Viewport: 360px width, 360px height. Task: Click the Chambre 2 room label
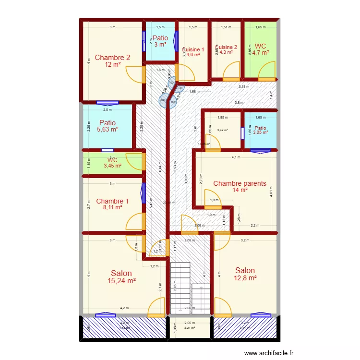click(112, 58)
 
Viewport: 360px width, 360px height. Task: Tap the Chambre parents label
click(240, 183)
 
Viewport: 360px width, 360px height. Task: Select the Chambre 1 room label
click(112, 201)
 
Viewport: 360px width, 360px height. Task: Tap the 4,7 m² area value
click(261, 53)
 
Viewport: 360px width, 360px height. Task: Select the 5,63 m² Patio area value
click(108, 129)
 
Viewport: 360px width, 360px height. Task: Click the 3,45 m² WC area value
click(112, 166)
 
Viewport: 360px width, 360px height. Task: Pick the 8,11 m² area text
click(112, 208)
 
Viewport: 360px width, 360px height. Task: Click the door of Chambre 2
click(136, 75)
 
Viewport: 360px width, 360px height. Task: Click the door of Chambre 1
click(136, 221)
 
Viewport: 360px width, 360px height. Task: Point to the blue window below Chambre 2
click(107, 102)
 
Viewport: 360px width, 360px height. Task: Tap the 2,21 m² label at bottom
click(190, 328)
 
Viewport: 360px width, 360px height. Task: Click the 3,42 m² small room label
click(222, 130)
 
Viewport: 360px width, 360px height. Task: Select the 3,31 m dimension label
click(244, 87)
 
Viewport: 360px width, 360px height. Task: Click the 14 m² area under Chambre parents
click(240, 190)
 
